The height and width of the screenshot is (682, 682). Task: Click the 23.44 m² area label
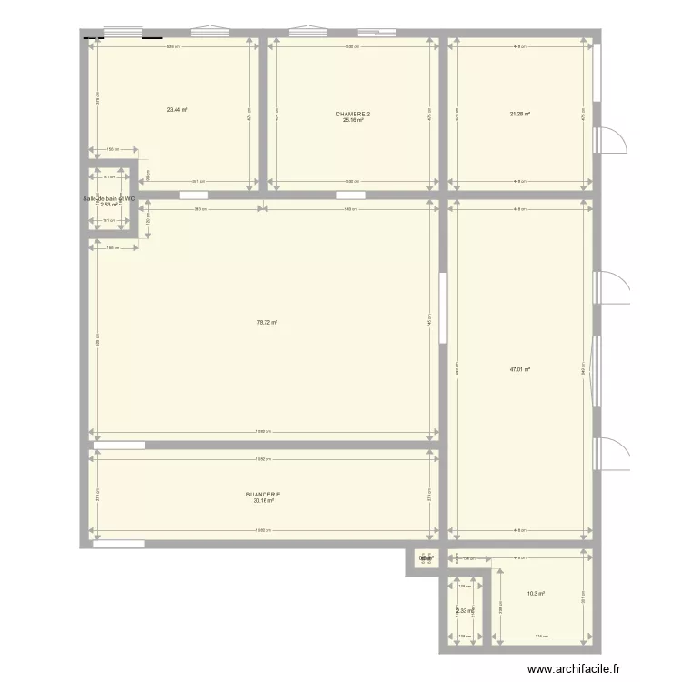pos(176,110)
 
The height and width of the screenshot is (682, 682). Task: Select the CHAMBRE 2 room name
pos(353,115)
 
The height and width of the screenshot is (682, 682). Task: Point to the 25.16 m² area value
pos(353,121)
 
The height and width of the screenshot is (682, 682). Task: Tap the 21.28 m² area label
pos(519,114)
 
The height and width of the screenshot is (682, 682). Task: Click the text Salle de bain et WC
pos(109,198)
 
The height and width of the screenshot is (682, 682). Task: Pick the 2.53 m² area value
pos(109,205)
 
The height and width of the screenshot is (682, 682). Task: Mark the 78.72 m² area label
pos(266,322)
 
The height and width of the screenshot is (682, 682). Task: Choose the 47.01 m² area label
pos(519,369)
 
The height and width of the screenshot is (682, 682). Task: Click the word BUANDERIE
pos(264,495)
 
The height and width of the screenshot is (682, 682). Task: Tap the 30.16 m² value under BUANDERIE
pos(264,501)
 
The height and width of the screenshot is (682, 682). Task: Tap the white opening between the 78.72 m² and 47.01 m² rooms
pos(443,309)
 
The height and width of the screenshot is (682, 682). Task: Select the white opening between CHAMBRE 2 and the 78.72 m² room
pos(351,195)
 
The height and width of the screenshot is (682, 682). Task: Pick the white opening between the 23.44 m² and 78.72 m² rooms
pos(194,195)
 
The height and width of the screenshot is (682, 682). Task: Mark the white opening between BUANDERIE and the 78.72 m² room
pos(119,445)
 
